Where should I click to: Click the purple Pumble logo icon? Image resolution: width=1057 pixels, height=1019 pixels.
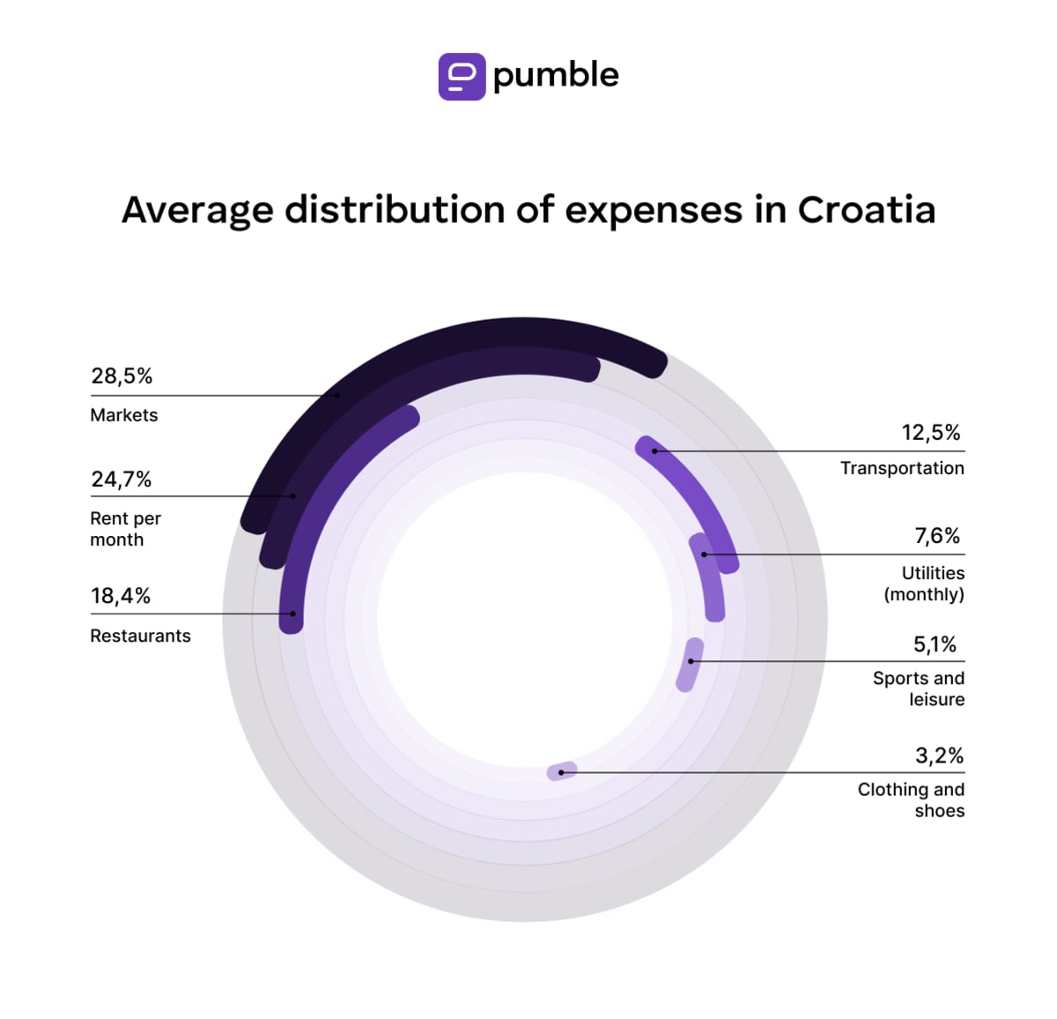[x=462, y=77]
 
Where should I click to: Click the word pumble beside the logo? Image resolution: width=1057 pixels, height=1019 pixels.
[x=555, y=76]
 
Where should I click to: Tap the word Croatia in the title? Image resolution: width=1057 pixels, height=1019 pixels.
[x=866, y=210]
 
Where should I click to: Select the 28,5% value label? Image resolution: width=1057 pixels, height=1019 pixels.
[x=122, y=376]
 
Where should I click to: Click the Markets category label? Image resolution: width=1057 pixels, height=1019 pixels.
[x=124, y=415]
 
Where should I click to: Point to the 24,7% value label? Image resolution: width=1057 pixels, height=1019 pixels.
[x=122, y=480]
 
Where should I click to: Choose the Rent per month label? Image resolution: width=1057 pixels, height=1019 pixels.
[x=125, y=529]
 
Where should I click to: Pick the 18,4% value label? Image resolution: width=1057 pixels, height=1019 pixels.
[x=121, y=596]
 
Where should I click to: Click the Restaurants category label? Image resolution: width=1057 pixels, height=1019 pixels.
[x=140, y=636]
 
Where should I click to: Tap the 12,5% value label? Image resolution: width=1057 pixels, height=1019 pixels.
[x=930, y=433]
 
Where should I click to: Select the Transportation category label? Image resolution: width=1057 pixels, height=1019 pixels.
[x=902, y=468]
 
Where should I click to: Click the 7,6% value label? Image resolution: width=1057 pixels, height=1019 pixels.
[x=937, y=536]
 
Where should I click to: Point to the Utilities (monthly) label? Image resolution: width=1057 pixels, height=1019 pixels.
[x=924, y=584]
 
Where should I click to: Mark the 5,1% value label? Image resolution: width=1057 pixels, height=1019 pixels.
[x=935, y=644]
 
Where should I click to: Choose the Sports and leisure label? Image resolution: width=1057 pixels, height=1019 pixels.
[x=919, y=688]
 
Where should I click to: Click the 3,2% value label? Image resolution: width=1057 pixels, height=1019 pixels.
[x=939, y=755]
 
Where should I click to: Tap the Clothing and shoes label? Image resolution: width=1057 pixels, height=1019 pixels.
[x=911, y=800]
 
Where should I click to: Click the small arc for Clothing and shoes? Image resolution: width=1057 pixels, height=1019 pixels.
[x=562, y=771]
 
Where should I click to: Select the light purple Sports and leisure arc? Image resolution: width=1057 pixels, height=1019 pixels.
[x=690, y=665]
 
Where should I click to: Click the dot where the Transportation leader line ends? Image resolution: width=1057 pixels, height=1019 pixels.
[x=654, y=451]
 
